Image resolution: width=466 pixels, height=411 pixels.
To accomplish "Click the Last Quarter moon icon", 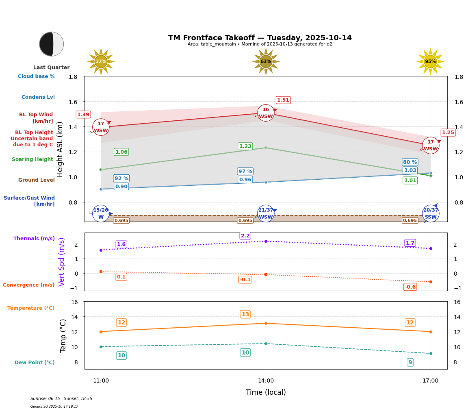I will [52, 44].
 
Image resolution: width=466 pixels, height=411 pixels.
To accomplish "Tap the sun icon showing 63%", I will [266, 61].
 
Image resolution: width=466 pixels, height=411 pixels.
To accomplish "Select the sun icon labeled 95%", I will [430, 61].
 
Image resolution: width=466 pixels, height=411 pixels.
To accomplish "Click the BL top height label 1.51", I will [283, 100].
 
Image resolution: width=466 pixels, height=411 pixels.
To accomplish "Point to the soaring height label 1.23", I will [245, 146].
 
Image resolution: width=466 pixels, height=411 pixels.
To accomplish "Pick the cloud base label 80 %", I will [410, 162].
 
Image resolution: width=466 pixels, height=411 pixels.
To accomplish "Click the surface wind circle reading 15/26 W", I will [101, 213].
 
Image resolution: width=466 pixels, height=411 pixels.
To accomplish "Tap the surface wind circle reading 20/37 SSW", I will [431, 213].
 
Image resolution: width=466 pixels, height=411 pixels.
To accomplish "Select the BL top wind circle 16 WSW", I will [266, 113].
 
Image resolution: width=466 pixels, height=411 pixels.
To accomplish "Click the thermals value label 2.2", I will [245, 236].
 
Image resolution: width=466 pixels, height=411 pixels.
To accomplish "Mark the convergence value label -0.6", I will [410, 287].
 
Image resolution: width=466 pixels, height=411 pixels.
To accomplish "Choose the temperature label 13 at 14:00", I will [245, 314].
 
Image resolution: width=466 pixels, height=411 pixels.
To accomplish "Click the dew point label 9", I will [410, 362].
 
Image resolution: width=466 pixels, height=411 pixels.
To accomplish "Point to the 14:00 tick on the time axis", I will [266, 381].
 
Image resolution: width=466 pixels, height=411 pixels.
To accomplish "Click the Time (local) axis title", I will [266, 392].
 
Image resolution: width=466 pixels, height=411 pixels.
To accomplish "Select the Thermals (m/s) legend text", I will [34, 239].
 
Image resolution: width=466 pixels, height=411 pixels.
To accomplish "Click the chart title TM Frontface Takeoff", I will [260, 38].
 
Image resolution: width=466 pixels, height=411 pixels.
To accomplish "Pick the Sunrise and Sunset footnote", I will [61, 399].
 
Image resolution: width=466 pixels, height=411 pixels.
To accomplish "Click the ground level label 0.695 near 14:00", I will [245, 221].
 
